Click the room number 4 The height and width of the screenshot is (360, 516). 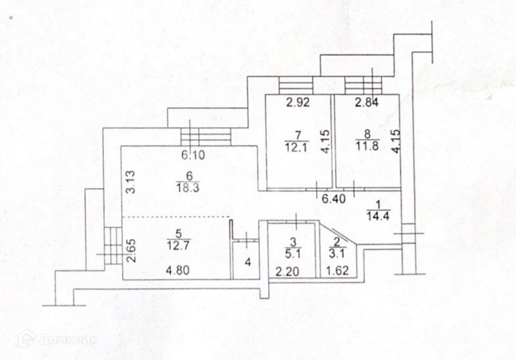click(x=247, y=263)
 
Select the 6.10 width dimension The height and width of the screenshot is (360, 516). click(x=193, y=155)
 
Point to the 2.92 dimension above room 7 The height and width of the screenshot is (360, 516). click(x=297, y=102)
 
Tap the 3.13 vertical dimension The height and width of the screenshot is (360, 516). click(x=129, y=183)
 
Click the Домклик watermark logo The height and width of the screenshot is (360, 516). click(x=57, y=339)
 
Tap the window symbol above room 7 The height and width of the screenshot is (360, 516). click(x=296, y=86)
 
